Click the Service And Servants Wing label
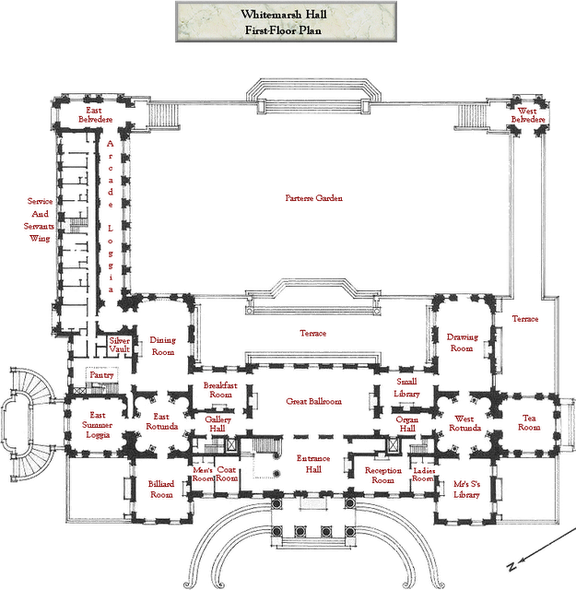point(38,218)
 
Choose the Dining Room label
point(162,345)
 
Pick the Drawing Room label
point(461,344)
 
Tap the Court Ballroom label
point(313,402)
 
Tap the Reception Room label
point(379,474)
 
